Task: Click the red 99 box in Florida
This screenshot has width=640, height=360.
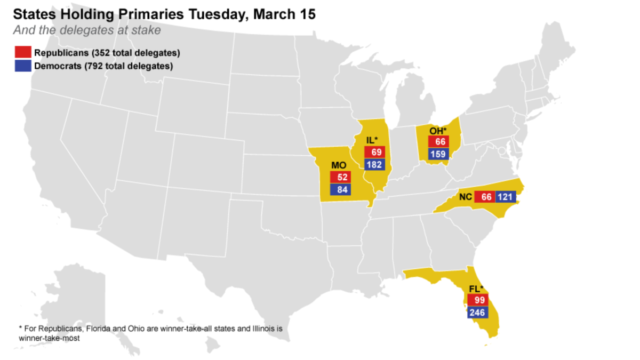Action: [477, 300]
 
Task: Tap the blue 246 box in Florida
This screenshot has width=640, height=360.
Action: [477, 313]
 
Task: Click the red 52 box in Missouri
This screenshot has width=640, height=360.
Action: [339, 177]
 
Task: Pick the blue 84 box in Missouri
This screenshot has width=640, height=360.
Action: [339, 189]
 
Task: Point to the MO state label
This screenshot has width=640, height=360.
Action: [339, 165]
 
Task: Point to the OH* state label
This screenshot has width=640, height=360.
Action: [438, 130]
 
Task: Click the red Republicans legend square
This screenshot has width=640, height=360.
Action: [23, 53]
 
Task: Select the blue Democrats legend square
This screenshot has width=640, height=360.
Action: [23, 66]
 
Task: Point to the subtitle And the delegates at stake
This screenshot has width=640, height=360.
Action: [86, 30]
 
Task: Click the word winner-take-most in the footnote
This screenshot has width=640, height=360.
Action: [49, 338]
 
